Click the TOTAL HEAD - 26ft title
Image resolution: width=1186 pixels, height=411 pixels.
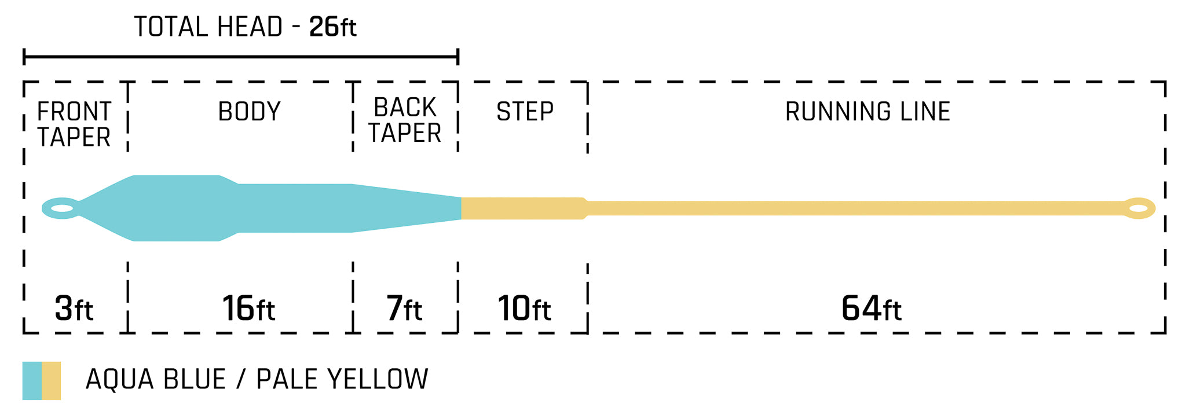pos(245,27)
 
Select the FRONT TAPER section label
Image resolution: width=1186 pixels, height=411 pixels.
pos(74,124)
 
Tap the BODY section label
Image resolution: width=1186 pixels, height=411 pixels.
pos(249,111)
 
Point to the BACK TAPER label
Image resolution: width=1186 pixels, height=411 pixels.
pos(405,120)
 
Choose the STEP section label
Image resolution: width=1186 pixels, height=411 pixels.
pos(525,111)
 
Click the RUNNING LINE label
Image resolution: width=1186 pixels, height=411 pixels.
pos(867,111)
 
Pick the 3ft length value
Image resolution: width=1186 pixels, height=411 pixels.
pos(74,309)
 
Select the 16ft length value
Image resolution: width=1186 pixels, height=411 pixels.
pos(248,309)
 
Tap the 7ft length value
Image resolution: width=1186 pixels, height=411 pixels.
pos(404,309)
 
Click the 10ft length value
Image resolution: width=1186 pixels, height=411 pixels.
pos(524,309)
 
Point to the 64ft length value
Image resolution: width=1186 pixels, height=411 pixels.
pos(871,309)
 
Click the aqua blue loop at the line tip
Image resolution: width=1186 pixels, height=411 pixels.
pos(60,208)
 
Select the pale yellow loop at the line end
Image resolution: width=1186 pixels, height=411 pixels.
pos(1139,208)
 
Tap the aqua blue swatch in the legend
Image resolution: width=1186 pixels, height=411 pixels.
pos(32,380)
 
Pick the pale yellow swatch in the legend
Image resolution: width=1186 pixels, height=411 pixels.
pos(52,380)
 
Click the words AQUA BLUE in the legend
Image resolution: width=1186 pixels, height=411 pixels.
pos(155,380)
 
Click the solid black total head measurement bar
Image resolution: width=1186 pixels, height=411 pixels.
pos(241,57)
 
